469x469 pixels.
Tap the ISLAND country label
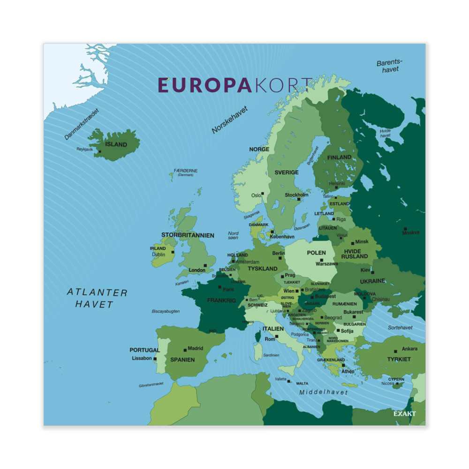[x=116, y=144]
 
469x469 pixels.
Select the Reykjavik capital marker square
[x=100, y=151]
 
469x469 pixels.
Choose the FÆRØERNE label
[x=186, y=171]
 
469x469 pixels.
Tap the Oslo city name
[x=256, y=195]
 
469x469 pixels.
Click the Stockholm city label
[x=296, y=195]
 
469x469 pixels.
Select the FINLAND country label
[x=339, y=157]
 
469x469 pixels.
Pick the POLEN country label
[x=316, y=253]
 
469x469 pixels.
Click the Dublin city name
[x=158, y=255]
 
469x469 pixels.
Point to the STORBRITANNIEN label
[x=188, y=235]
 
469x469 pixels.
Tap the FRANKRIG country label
[x=221, y=300]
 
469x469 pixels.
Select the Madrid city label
[x=196, y=348]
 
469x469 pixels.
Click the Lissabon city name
[x=142, y=358]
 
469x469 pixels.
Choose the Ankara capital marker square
[x=396, y=350]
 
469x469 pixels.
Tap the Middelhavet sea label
[x=324, y=392]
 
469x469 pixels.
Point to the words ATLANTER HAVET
[x=97, y=298]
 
